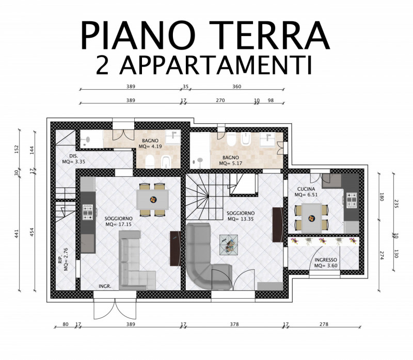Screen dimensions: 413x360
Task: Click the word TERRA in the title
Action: (269, 35)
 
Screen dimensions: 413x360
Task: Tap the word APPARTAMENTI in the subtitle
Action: (216, 65)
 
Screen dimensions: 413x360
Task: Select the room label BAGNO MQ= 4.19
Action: (150, 144)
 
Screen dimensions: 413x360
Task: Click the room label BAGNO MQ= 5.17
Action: (230, 160)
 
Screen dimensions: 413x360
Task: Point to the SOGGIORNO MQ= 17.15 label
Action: (119, 221)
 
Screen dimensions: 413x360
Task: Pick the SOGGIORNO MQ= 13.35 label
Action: (241, 216)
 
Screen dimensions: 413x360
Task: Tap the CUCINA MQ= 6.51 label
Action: (306, 192)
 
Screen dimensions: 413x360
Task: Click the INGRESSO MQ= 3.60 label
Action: (326, 263)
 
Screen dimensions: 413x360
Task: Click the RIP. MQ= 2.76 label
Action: (63, 259)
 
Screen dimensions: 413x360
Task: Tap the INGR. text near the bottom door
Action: (105, 286)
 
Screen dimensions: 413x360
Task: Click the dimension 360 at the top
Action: (236, 86)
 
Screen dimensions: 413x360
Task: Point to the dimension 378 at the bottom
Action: (234, 324)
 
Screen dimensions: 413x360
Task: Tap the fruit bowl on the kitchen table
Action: (312, 218)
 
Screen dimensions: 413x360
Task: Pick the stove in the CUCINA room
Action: (352, 200)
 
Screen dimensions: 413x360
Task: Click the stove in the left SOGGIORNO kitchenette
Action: (88, 212)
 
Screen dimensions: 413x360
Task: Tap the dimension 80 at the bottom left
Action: (66, 324)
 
